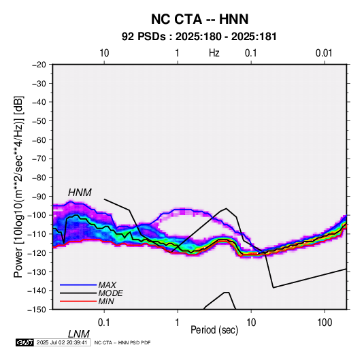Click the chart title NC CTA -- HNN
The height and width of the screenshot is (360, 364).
pyautogui.click(x=199, y=19)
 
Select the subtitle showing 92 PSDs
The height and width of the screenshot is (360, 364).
pyautogui.click(x=199, y=37)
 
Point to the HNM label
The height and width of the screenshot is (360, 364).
pyautogui.click(x=80, y=193)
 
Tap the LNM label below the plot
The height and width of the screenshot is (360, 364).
pyautogui.click(x=78, y=334)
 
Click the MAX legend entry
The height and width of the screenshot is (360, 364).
pyautogui.click(x=107, y=285)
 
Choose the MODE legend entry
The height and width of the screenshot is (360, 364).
pyautogui.click(x=110, y=293)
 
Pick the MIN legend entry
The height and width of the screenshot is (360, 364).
pyautogui.click(x=106, y=301)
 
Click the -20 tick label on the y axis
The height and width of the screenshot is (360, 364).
pyautogui.click(x=39, y=65)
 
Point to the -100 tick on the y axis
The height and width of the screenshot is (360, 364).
pyautogui.click(x=37, y=215)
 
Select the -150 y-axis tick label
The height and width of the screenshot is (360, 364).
pyautogui.click(x=37, y=310)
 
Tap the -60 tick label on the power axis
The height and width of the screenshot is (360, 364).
pyautogui.click(x=39, y=140)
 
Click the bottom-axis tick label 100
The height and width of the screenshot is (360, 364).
pyautogui.click(x=325, y=323)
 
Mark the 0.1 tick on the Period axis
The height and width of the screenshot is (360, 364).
pyautogui.click(x=104, y=323)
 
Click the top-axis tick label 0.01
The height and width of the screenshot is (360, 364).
pyautogui.click(x=324, y=53)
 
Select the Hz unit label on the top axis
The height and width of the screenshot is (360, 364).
pyautogui.click(x=214, y=53)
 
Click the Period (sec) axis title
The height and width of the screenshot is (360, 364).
pyautogui.click(x=214, y=330)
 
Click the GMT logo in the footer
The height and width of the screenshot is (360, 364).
pyautogui.click(x=25, y=342)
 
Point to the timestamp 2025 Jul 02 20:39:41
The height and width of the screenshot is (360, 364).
pyautogui.click(x=62, y=342)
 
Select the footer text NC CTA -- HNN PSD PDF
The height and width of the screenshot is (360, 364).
pyautogui.click(x=122, y=342)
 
